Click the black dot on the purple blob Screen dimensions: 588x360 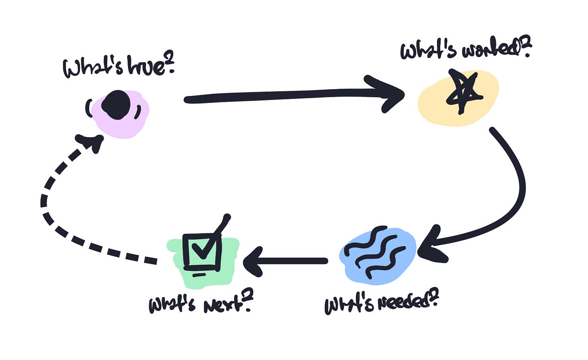pos(116,105)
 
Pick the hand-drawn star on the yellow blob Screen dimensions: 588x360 pos(464,92)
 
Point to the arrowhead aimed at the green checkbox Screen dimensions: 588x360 pos(253,262)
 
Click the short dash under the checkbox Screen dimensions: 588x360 pos(199,275)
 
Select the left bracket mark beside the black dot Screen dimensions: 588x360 pos(88,108)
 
